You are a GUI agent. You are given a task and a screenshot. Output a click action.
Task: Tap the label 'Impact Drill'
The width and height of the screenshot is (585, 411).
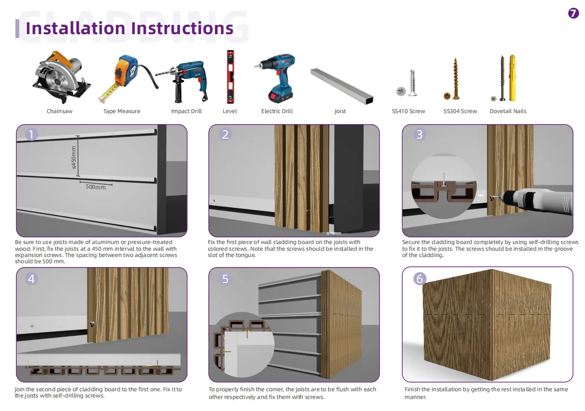(186, 111)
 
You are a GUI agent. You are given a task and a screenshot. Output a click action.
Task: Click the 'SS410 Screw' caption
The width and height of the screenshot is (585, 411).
(408, 111)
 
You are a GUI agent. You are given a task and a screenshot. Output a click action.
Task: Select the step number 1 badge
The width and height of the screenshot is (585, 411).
(31, 134)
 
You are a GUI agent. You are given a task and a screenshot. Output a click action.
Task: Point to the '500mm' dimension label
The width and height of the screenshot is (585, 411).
(96, 187)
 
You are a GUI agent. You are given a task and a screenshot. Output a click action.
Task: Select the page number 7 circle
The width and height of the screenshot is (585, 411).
(573, 13)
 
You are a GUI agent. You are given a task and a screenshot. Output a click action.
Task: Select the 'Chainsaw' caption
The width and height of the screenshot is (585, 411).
(60, 111)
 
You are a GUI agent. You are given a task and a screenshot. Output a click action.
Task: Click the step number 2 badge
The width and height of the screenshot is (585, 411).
(225, 134)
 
